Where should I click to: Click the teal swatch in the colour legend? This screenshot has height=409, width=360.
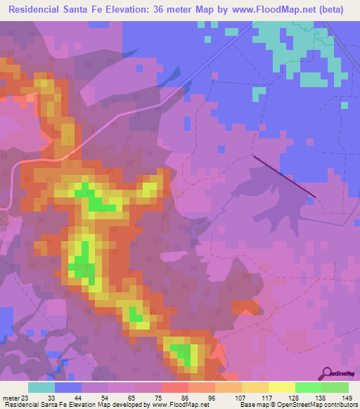[41, 387]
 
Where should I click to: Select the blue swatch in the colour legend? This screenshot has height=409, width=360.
[68, 387]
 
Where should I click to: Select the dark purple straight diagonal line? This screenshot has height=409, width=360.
[284, 176]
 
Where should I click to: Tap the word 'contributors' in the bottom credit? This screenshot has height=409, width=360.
[338, 405]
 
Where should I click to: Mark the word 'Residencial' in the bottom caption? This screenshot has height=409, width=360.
[23, 405]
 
